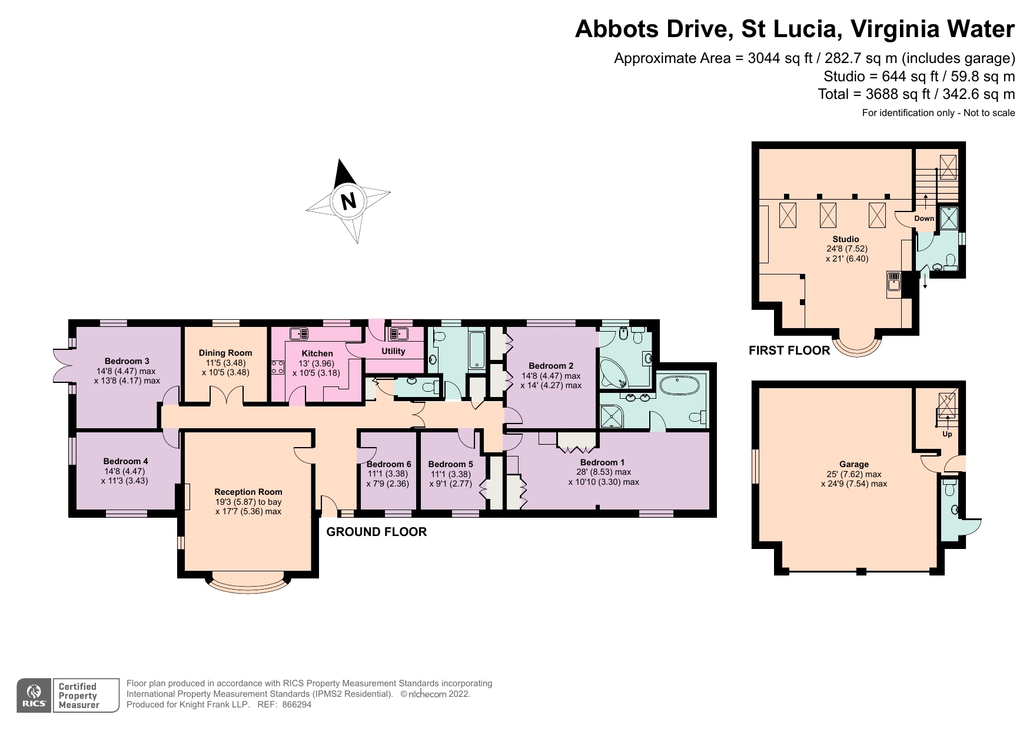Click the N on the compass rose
348,201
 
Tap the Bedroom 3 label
127,361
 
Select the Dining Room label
225,353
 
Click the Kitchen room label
317,353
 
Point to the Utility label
393,351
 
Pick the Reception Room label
248,492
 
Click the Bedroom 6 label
388,464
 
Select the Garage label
853,464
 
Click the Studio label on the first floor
845,239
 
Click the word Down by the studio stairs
924,219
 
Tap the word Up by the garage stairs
947,434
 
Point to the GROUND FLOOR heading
376,532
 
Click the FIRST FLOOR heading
789,350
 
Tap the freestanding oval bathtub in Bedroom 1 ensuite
679,386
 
